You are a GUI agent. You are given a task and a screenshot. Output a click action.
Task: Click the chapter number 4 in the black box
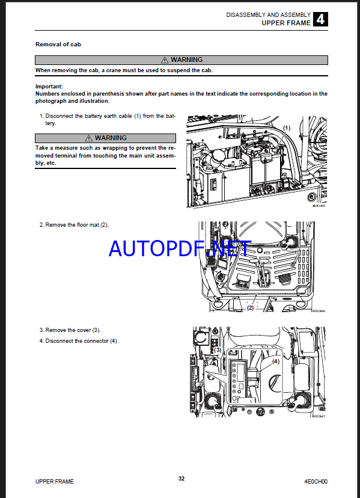point(320,19)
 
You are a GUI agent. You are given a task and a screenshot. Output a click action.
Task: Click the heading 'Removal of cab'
point(58,45)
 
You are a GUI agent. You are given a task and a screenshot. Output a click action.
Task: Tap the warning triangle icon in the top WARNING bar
point(165,60)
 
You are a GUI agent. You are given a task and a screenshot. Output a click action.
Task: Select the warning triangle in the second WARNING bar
point(88,138)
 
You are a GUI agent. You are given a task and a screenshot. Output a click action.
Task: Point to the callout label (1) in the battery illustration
point(287,128)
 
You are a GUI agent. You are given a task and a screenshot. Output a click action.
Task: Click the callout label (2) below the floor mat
point(251,308)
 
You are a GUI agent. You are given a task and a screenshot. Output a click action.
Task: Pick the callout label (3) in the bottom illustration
point(218,350)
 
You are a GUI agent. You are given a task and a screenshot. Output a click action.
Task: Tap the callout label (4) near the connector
point(276,361)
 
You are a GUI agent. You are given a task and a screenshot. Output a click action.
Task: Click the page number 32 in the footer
point(182,479)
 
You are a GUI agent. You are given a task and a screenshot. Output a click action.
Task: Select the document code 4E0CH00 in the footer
point(316,482)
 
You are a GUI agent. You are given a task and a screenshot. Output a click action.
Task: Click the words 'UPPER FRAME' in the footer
point(54,482)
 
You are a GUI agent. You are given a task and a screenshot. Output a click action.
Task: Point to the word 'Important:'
point(49,87)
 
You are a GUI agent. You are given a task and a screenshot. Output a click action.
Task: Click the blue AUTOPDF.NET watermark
point(180,248)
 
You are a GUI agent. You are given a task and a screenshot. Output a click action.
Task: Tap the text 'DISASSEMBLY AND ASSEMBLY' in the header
point(268,15)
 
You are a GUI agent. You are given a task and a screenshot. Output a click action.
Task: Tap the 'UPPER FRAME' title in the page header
point(286,23)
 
